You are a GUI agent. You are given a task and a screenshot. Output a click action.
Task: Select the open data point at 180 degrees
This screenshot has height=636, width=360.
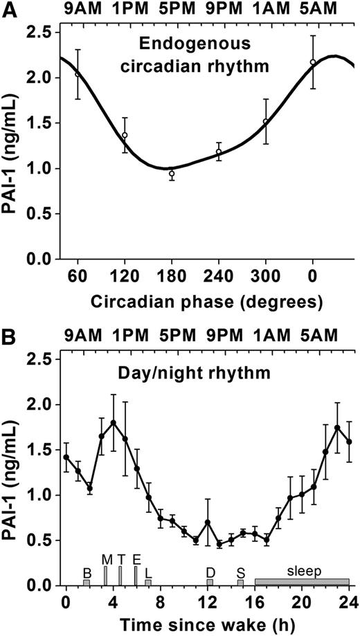point(172,174)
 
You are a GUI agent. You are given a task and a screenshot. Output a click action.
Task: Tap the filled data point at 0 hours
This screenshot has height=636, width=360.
point(66,457)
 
